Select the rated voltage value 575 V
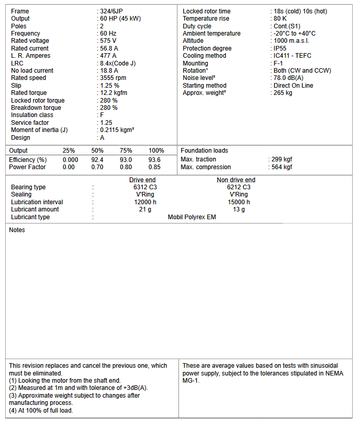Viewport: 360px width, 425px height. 108,41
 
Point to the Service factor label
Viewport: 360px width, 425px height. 30,123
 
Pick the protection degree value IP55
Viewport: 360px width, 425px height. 280,48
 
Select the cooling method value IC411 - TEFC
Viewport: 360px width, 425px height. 292,56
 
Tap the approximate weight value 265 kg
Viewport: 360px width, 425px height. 283,93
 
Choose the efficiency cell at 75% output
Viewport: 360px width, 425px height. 126,160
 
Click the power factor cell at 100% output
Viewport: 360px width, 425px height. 154,167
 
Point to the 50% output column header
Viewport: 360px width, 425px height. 97,151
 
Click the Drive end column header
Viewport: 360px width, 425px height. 142,180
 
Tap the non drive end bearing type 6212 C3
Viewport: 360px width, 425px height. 239,187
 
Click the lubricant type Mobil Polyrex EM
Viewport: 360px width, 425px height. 192,217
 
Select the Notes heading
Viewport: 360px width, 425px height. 17,230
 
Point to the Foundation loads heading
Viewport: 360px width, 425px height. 204,151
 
